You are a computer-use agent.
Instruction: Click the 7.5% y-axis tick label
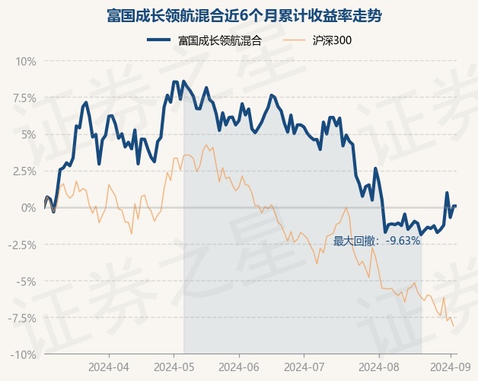[x=24, y=98]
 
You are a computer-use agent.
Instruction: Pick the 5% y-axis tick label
[x=27, y=134]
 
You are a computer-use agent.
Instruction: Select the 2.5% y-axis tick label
[x=24, y=171]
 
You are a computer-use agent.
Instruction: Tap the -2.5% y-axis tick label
[x=22, y=245]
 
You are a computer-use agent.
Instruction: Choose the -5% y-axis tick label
[x=26, y=281]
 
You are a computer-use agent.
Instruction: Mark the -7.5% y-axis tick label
[x=22, y=318]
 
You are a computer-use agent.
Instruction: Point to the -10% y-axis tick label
[x=24, y=354]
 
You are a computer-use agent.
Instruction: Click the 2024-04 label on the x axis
[x=109, y=367]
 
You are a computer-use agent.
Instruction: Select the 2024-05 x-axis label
[x=174, y=367]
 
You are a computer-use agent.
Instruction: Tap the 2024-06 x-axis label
[x=239, y=367]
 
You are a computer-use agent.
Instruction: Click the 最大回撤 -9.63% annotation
[x=377, y=241]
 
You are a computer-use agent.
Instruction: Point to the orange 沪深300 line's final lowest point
[x=454, y=326]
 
